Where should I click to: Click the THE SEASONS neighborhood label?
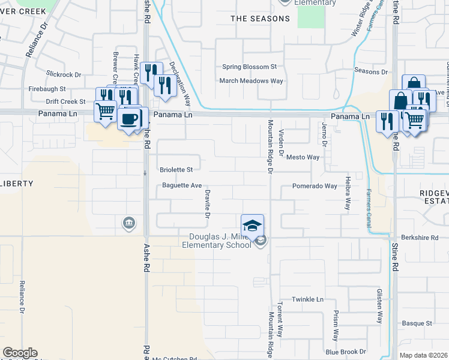click(x=261, y=19)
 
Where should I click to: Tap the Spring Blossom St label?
click(x=249, y=67)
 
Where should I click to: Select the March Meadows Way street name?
click(x=251, y=80)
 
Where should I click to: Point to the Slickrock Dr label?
click(x=63, y=75)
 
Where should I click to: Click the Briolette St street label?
click(x=176, y=170)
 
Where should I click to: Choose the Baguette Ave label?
click(x=182, y=186)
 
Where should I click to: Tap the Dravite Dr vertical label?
click(x=207, y=203)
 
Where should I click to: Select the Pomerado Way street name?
click(x=315, y=186)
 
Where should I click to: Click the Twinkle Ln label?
click(x=307, y=299)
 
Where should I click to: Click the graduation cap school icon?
click(x=253, y=225)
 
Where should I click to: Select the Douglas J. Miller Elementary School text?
click(x=221, y=241)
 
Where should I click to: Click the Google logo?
click(x=20, y=353)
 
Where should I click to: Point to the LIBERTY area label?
click(x=16, y=183)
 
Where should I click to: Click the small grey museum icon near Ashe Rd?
click(x=129, y=224)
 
